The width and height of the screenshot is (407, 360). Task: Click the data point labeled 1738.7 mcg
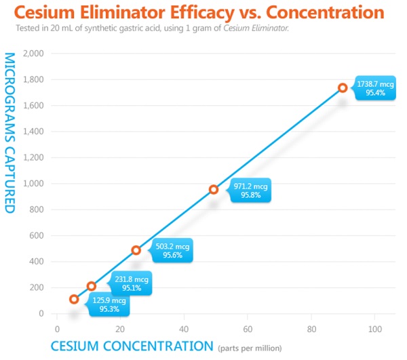(343, 87)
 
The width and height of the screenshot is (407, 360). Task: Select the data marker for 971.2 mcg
(214, 190)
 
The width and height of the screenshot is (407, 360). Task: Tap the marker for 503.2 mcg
(136, 250)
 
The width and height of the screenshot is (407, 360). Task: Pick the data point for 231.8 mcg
(92, 286)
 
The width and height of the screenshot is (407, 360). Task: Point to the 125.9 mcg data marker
(74, 299)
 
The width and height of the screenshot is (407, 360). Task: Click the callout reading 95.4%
(374, 87)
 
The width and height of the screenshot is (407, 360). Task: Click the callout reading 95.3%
(109, 304)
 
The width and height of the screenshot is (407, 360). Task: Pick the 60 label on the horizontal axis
(247, 329)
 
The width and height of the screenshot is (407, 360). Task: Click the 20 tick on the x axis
(119, 329)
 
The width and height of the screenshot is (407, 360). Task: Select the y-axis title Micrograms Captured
(9, 132)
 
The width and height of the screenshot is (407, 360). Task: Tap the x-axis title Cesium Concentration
(132, 346)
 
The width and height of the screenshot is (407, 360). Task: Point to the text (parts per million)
(249, 348)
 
